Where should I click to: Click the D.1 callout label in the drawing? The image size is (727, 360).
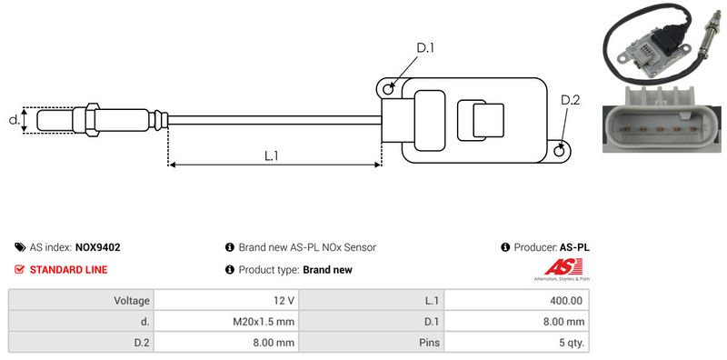tap(424, 48)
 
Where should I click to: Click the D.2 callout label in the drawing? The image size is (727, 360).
tap(571, 100)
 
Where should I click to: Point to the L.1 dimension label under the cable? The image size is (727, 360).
tap(271, 155)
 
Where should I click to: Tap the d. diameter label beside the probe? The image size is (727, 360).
tap(15, 120)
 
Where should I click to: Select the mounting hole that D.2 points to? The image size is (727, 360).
tap(560, 150)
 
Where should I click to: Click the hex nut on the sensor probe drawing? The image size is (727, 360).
tap(92, 120)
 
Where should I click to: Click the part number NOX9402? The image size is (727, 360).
tap(98, 247)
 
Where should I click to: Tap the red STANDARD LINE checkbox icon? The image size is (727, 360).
tap(19, 269)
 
